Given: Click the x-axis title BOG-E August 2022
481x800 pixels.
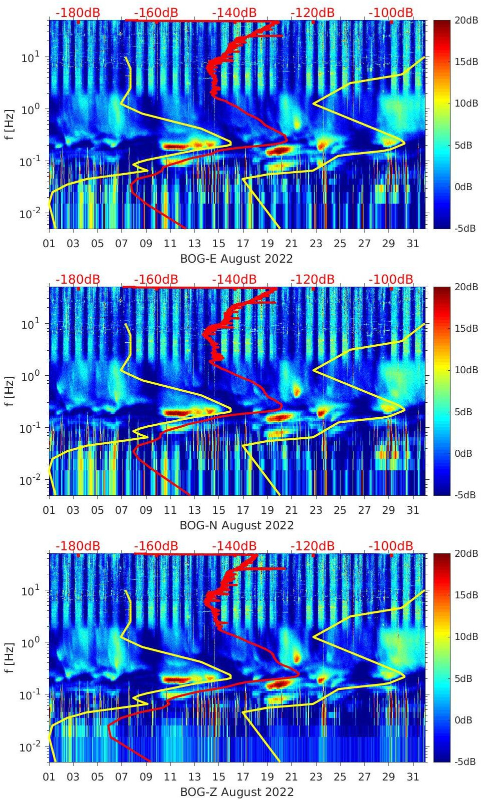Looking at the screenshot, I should pos(236,259).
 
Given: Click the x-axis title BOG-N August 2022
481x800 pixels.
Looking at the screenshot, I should pos(236,525).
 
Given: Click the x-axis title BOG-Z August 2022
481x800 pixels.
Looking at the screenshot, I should pos(236,792).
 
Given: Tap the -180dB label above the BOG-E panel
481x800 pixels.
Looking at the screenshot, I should pos(77,13).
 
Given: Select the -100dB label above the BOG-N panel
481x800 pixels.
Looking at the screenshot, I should pos(391,279).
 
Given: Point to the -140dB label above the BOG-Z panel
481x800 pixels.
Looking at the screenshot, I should pos(234,546).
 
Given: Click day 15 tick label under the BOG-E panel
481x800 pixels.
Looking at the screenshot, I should pos(218,244).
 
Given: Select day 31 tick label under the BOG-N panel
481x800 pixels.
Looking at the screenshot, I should pos(412,510).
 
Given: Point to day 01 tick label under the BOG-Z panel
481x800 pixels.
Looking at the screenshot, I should pos(49,777).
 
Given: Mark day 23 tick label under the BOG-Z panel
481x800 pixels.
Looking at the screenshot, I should pos(315,777).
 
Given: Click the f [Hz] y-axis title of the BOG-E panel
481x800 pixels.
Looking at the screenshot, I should pos(9,124).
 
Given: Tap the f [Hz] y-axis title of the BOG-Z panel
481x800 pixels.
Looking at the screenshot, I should pos(9,657).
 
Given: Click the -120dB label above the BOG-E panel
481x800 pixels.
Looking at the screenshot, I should pos(312,13).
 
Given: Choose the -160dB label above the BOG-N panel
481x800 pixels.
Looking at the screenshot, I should pos(156,279).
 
